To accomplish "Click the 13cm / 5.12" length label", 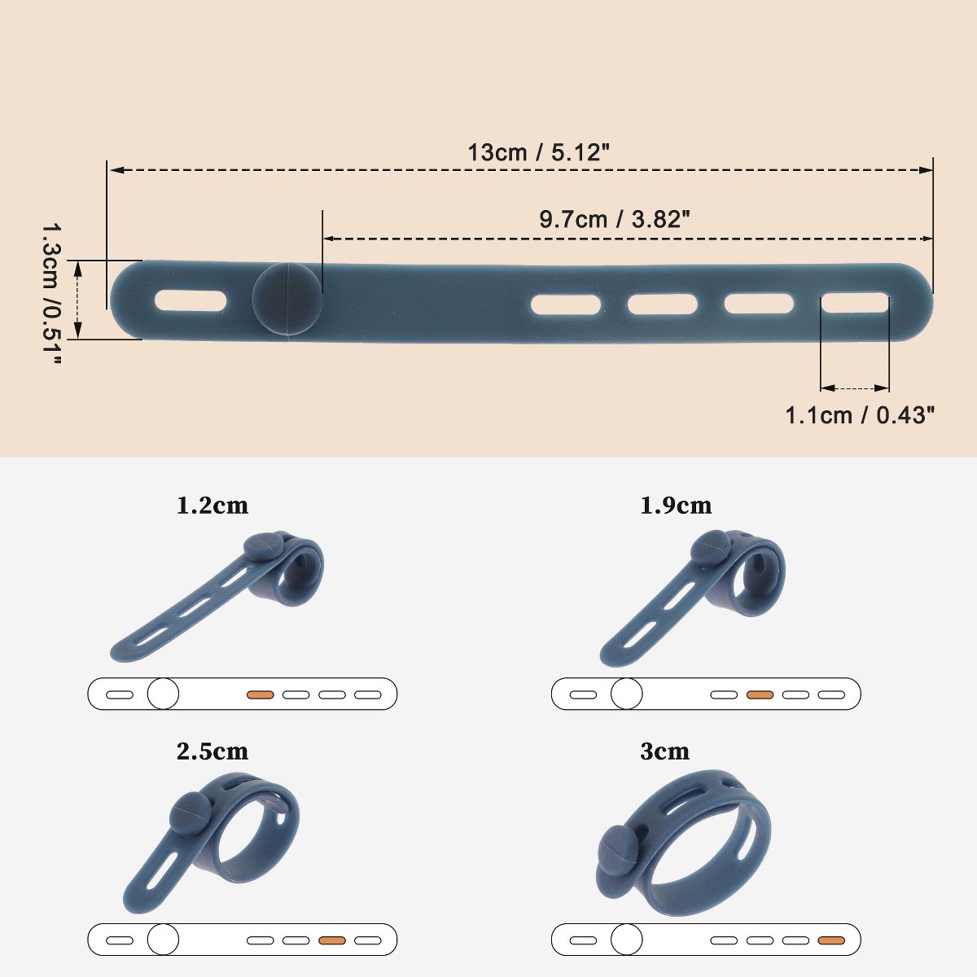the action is click(x=537, y=152).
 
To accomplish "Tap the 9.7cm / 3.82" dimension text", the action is click(x=615, y=220).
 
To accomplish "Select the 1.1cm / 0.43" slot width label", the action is click(x=860, y=415).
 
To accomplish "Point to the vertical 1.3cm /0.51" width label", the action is click(x=51, y=294).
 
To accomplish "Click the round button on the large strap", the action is click(x=287, y=299).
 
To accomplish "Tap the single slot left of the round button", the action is click(x=191, y=300).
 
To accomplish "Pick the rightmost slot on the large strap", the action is click(x=855, y=303).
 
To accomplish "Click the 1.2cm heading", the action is click(x=212, y=506).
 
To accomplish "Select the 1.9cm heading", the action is click(x=676, y=506).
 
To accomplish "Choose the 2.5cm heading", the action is click(x=212, y=751).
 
